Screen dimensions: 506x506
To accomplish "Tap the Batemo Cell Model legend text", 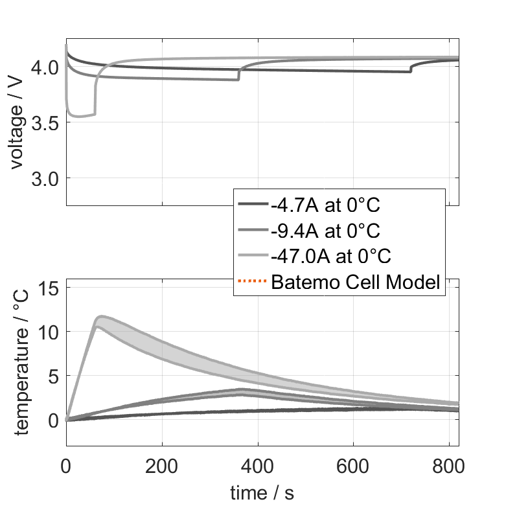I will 356,282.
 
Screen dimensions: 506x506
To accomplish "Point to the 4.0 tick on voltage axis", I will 47,67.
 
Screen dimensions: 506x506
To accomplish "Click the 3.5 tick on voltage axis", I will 47,122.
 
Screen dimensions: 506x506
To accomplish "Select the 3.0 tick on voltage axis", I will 47,178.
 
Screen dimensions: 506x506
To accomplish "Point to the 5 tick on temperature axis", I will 54,375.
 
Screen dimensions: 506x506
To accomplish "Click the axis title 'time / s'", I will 262,492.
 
